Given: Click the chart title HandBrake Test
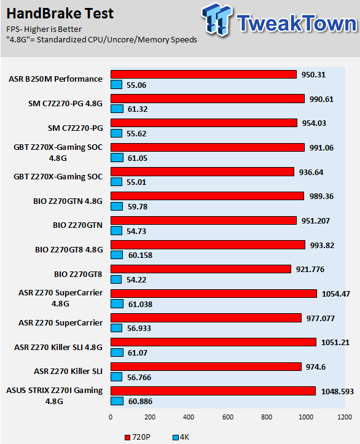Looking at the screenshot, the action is click(60, 14).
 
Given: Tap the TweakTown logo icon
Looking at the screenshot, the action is click(217, 20).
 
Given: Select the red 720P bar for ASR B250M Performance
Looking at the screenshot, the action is click(203, 74).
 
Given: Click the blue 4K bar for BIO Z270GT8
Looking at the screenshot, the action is click(116, 279).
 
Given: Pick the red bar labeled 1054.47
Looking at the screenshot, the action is click(214, 294).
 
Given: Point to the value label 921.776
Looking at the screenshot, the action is click(310, 270).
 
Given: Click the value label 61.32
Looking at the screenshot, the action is click(138, 109).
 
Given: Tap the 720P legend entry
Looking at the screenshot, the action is click(138, 437).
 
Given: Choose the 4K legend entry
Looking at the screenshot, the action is click(181, 437).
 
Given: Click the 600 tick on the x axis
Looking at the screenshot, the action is click(228, 417).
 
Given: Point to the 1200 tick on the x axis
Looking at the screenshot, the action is click(345, 417).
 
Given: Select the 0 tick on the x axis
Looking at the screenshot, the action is click(111, 417).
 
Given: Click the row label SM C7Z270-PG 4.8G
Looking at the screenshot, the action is click(65, 104).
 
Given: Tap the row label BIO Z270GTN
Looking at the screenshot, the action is click(77, 225).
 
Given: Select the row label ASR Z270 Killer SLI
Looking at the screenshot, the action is click(68, 371).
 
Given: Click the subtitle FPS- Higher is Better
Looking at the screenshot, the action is click(44, 29).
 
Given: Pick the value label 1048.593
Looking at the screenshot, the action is click(337, 392).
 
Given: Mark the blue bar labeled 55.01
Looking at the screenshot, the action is click(116, 182).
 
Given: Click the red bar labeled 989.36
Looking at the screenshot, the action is click(207, 196).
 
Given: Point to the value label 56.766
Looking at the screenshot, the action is click(139, 378).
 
